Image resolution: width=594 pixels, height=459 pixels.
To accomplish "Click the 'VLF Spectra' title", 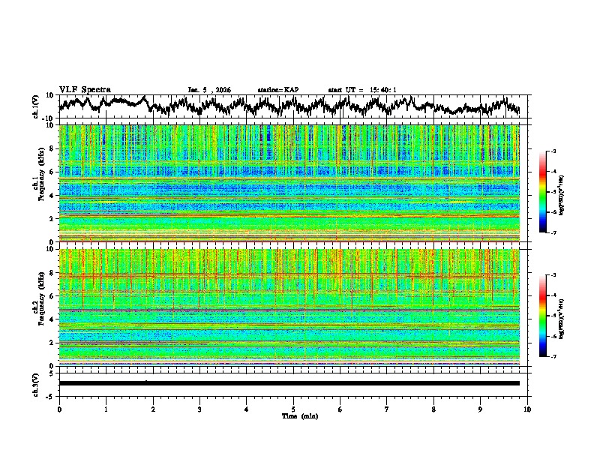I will click(x=85, y=90).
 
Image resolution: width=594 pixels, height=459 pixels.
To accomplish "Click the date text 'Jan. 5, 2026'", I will click(x=209, y=90).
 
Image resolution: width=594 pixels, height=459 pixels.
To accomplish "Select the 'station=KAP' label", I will click(x=278, y=90).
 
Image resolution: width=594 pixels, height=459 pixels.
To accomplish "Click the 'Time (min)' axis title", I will click(x=293, y=415).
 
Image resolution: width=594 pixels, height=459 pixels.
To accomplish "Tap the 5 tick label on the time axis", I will click(x=293, y=409).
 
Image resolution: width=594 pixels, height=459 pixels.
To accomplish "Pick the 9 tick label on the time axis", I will click(x=481, y=409).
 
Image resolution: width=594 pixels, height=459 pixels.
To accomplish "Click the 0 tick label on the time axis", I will click(x=59, y=409).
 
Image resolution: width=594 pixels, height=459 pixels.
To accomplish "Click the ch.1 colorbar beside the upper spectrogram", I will click(x=544, y=192).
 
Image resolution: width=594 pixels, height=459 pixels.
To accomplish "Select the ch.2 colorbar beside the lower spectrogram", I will click(x=544, y=316).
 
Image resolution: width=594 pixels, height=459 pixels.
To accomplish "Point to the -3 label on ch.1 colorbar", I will click(x=553, y=151).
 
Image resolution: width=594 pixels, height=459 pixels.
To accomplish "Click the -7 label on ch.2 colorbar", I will click(x=553, y=357).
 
